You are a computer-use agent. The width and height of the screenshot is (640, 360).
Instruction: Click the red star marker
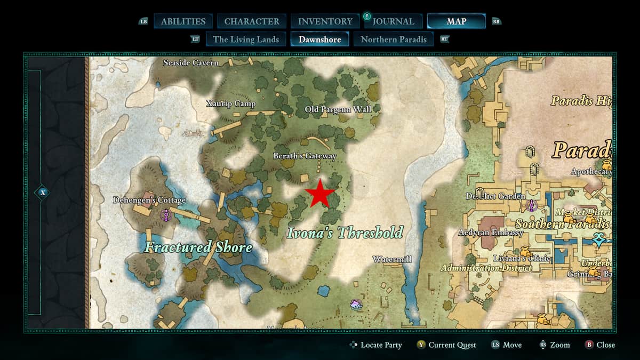(x=319, y=193)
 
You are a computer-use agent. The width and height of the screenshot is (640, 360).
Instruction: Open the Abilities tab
(x=183, y=21)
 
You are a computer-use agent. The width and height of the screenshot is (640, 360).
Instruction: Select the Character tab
(x=252, y=21)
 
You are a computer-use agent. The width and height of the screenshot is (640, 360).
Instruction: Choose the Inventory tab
(x=325, y=21)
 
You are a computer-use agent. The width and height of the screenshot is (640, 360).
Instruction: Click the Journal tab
(x=394, y=21)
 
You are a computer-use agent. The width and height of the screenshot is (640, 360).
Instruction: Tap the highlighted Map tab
(x=456, y=21)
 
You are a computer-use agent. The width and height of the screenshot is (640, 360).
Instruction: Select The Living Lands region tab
(x=246, y=39)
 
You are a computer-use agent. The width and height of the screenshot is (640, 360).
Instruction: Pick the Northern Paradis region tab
(x=394, y=39)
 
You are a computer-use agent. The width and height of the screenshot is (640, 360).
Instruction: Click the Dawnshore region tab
(x=319, y=39)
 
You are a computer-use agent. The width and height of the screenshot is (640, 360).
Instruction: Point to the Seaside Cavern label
(x=190, y=63)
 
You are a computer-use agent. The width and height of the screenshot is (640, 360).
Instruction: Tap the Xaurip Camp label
(x=231, y=103)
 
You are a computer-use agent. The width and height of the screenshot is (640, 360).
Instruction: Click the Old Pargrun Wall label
(x=338, y=109)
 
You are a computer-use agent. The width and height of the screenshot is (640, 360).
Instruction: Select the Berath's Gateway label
(x=305, y=156)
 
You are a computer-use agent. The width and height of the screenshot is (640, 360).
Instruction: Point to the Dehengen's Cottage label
(x=149, y=200)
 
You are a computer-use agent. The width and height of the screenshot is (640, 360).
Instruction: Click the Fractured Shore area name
(x=198, y=247)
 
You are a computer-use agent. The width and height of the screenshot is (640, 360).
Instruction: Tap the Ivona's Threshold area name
(x=345, y=233)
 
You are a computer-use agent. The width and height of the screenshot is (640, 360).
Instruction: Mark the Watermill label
(x=392, y=259)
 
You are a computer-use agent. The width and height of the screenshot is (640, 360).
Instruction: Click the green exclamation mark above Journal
(x=367, y=17)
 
